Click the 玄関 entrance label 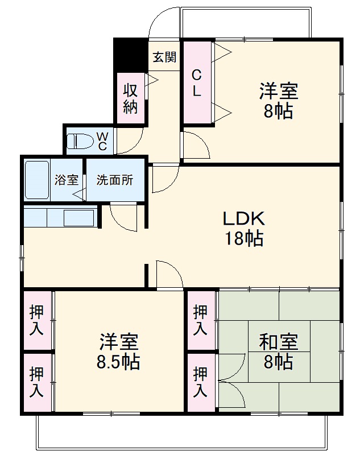pyautogui.click(x=164, y=57)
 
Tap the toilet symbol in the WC pyautogui.click(x=80, y=141)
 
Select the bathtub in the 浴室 pyautogui.click(x=37, y=180)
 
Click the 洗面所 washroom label pyautogui.click(x=114, y=180)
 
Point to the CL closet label pyautogui.click(x=196, y=84)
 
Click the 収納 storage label pyautogui.click(x=130, y=98)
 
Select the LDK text pyautogui.click(x=243, y=218)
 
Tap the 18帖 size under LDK pyautogui.click(x=244, y=238)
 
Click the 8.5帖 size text pyautogui.click(x=118, y=362)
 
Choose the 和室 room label pyautogui.click(x=278, y=342)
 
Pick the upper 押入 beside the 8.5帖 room pyautogui.click(x=36, y=320)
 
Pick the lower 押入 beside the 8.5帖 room pyautogui.click(x=36, y=382)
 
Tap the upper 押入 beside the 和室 pyautogui.click(x=200, y=320)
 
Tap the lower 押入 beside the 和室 pyautogui.click(x=200, y=382)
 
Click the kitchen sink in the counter pyautogui.click(x=79, y=218)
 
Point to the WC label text pyautogui.click(x=102, y=141)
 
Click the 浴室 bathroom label pyautogui.click(x=67, y=180)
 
